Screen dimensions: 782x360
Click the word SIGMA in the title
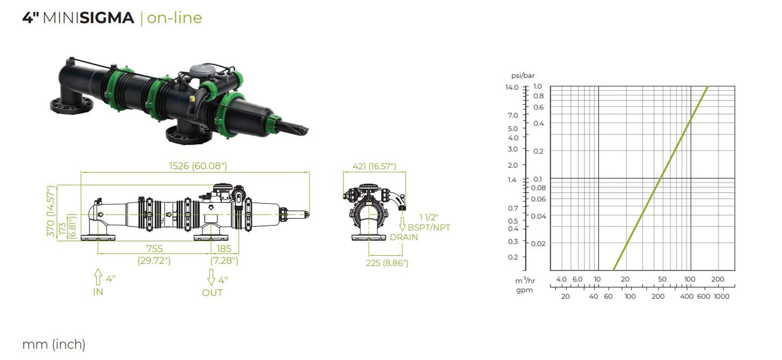107,18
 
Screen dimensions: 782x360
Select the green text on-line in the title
174,18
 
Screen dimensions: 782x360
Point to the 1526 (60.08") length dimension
198,166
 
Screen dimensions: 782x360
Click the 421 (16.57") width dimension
374,166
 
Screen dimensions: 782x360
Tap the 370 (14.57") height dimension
51,211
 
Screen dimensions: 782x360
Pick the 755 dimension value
154,249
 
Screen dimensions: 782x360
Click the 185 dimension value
224,249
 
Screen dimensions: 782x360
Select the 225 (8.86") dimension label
387,263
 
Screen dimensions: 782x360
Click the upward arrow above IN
98,277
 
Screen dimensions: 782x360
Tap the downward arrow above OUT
211,277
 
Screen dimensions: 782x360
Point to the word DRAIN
404,237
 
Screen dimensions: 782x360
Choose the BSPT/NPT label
429,228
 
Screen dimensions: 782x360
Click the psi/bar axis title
523,75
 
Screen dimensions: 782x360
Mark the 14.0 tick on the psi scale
512,87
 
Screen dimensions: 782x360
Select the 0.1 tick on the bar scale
538,179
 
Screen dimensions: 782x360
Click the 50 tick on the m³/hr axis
662,279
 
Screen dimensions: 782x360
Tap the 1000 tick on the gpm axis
722,296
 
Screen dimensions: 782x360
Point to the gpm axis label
524,290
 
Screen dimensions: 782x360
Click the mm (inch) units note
54,345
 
